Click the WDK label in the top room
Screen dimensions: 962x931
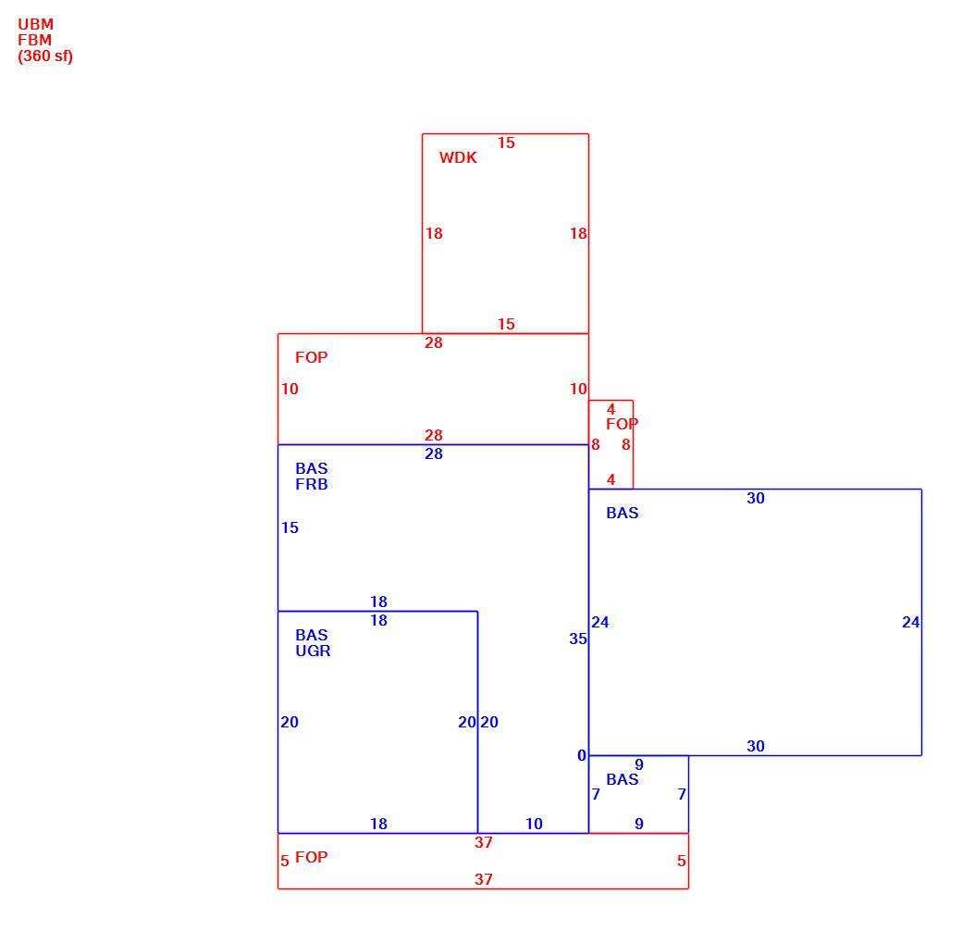coord(458,157)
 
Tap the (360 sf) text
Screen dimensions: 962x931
coord(45,56)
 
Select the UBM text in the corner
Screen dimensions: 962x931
coord(35,25)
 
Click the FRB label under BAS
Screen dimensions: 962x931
coord(312,484)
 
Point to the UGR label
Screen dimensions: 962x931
coord(313,651)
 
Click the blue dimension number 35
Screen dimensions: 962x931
coord(578,639)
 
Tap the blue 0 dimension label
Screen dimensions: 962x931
coord(582,755)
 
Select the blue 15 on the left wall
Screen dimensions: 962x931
coord(290,528)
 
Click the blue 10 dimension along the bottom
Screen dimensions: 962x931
coord(534,824)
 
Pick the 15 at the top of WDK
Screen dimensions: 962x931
coord(506,143)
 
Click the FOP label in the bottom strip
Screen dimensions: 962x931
coord(311,857)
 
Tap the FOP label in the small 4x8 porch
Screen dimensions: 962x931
coord(623,424)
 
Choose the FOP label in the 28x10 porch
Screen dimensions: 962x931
coord(311,357)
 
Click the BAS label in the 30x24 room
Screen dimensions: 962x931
coord(623,513)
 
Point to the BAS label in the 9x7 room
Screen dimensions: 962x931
coord(623,779)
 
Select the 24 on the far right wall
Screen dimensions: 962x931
coord(910,622)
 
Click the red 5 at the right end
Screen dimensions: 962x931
coord(681,861)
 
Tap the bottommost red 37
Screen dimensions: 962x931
coord(484,879)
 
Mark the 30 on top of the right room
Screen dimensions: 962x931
coord(755,498)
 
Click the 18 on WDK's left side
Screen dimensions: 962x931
coord(434,233)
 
